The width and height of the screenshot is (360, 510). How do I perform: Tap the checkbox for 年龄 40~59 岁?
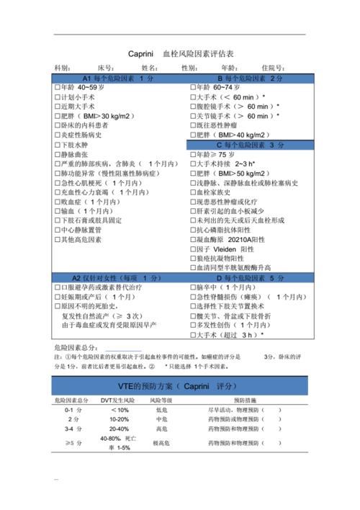[58, 87]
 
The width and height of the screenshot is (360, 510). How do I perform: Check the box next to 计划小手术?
[58, 97]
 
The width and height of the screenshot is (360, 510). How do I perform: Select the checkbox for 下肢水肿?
[58, 144]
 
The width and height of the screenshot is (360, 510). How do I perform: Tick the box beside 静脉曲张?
[58, 154]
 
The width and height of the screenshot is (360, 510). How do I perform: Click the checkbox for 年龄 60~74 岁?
[192, 87]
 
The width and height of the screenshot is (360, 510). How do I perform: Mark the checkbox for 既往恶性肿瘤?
[192, 125]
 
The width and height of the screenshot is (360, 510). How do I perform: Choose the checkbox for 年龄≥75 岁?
[192, 154]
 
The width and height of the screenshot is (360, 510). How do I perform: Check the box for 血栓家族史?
[192, 192]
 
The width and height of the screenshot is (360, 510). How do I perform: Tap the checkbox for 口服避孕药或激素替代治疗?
[58, 287]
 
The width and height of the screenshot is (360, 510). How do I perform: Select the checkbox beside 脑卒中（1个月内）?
[192, 287]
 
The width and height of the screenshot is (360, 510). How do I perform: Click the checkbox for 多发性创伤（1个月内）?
[192, 325]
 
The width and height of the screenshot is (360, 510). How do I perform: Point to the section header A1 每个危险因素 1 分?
[120, 77]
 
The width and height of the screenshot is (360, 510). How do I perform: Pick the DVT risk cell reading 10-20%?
[120, 419]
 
